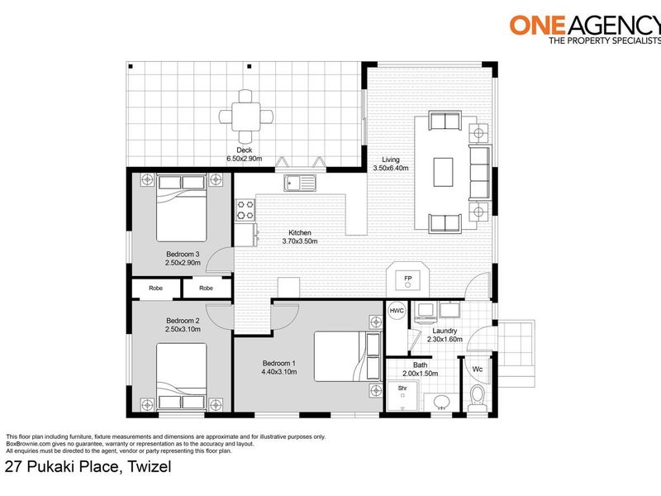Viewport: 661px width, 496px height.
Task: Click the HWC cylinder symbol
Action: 397,311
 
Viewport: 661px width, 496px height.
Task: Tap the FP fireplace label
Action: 407,279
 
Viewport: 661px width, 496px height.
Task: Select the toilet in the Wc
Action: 478,398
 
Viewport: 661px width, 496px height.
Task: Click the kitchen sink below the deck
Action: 300,183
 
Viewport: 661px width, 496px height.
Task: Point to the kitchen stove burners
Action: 245,210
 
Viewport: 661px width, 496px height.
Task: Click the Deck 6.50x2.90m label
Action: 244,155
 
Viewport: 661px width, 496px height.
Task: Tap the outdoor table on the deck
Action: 245,117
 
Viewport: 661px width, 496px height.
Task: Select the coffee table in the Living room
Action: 443,172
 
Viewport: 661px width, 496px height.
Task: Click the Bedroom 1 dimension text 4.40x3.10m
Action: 279,372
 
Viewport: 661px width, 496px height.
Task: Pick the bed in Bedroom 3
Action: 182,208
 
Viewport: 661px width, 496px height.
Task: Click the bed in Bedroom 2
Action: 182,377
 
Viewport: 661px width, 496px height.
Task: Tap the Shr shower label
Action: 402,388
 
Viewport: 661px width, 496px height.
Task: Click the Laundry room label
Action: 445,331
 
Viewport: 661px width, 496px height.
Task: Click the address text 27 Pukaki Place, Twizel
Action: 88,467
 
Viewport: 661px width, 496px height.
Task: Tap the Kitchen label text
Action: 300,233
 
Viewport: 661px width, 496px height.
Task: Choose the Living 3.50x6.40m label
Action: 390,164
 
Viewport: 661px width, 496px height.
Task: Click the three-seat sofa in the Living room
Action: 480,172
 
